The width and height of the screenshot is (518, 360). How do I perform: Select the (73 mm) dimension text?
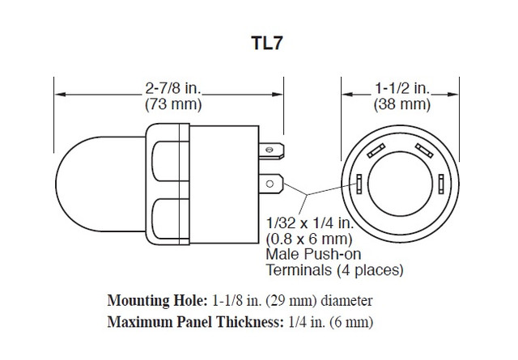[x=172, y=104]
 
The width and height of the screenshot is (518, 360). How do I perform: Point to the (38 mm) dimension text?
[x=401, y=104]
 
